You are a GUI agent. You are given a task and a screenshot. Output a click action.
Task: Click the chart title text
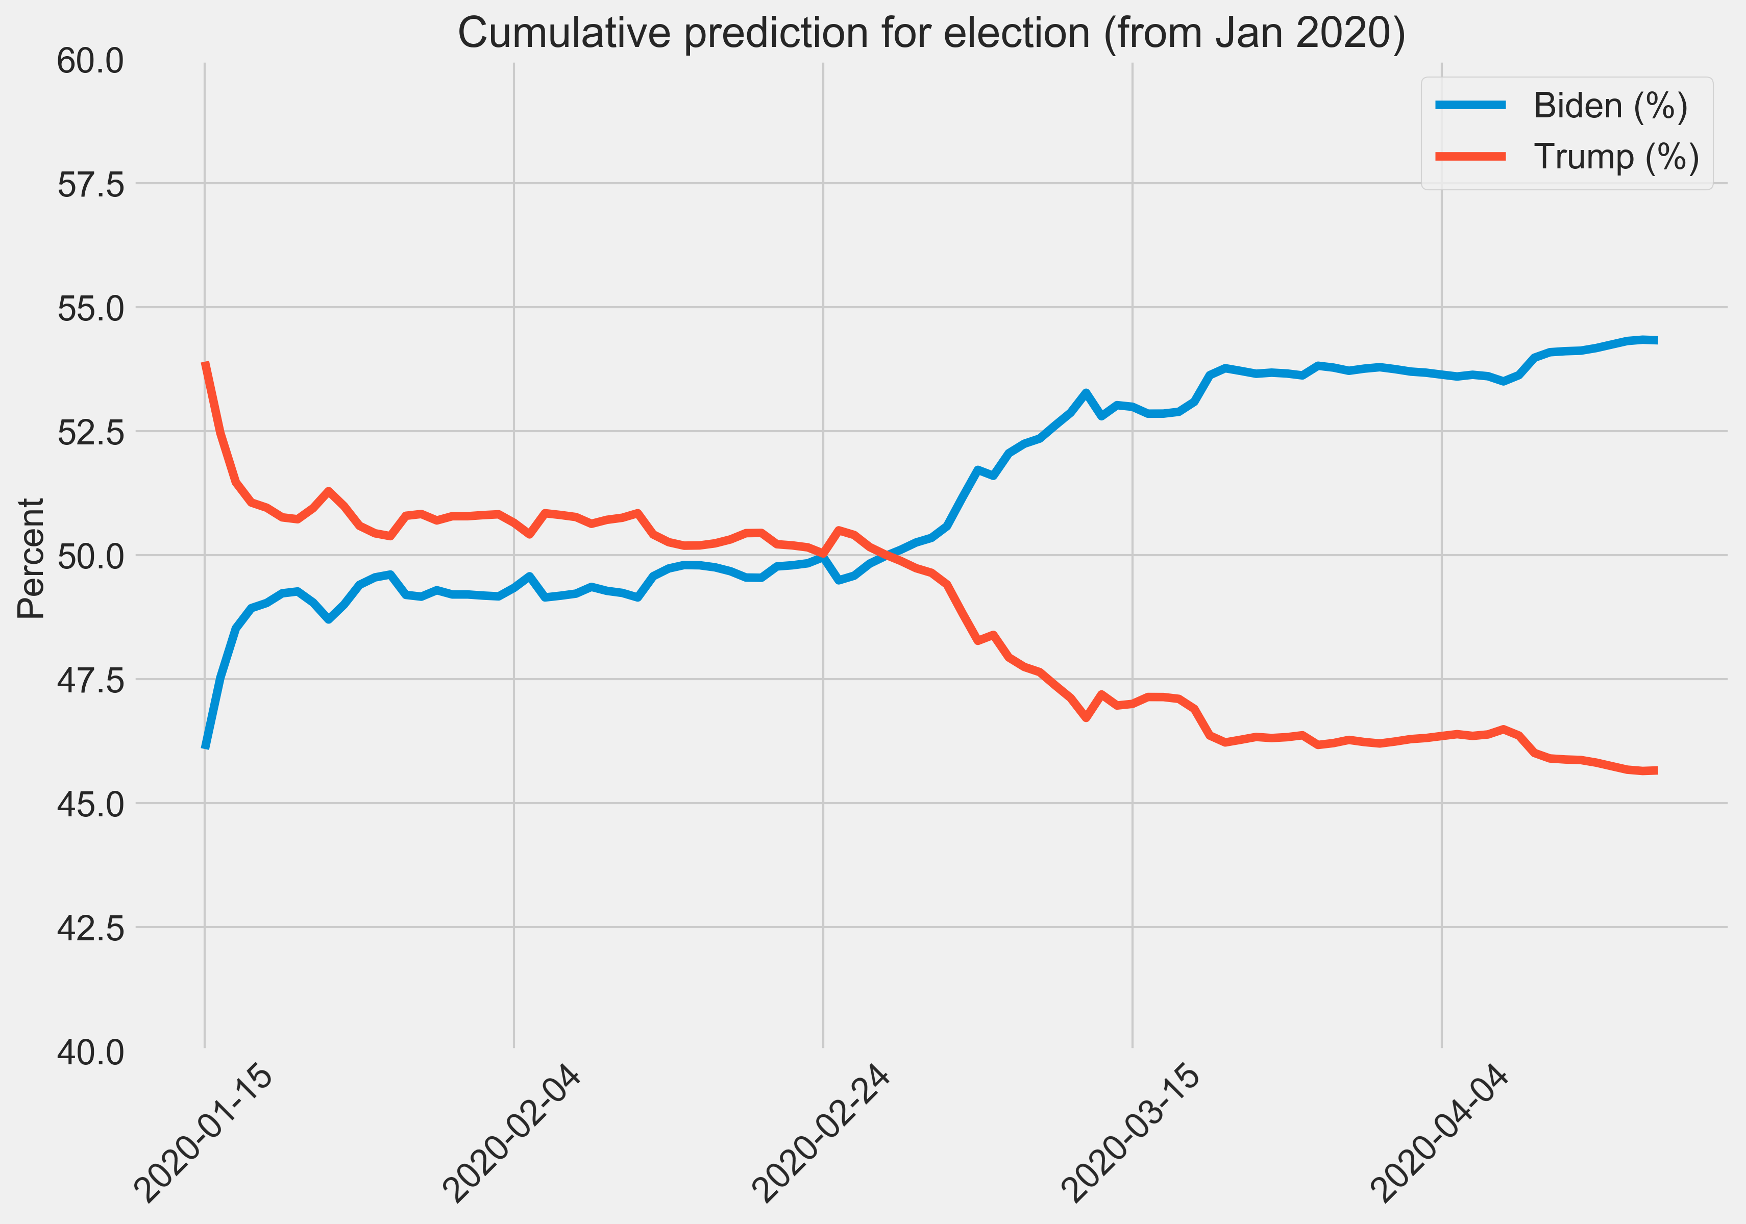coord(931,34)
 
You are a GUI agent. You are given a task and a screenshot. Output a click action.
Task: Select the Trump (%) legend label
coord(1616,157)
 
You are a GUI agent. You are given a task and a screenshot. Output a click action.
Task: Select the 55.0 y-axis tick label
coord(90,309)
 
